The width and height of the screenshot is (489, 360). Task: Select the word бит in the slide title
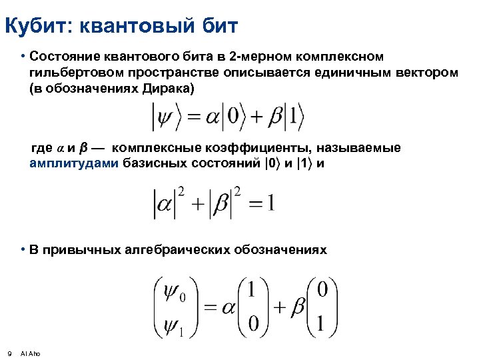(x=219, y=27)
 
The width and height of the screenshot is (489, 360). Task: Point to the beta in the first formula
(x=275, y=119)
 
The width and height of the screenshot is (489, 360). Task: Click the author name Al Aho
(x=31, y=353)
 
